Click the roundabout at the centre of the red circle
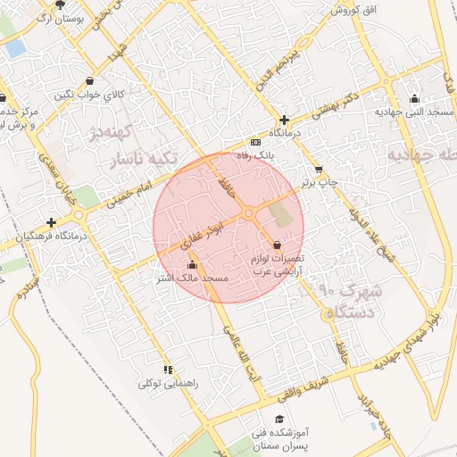pos(248,212)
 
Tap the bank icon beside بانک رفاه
pos(256,143)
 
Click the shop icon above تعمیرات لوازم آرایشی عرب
pos(276,245)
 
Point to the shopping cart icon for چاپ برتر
pos(319,169)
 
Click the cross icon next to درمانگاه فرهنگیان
pos(52,223)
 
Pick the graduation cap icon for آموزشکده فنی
pos(279,419)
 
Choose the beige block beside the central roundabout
pos(281,214)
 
